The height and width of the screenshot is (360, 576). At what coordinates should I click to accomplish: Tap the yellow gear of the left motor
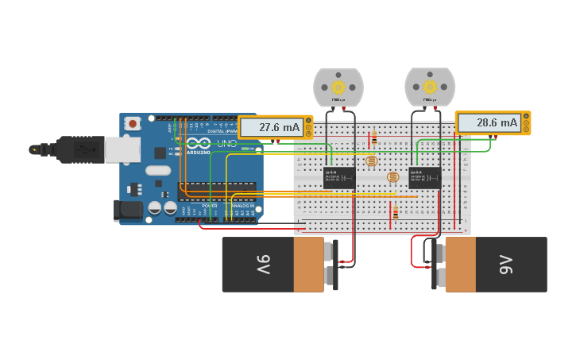pyautogui.click(x=338, y=87)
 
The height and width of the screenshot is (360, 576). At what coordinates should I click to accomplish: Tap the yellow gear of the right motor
pyautogui.click(x=430, y=87)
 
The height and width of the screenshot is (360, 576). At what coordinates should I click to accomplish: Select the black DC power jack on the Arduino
pyautogui.click(x=128, y=211)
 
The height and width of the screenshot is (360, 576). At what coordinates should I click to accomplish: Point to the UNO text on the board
pyautogui.click(x=226, y=144)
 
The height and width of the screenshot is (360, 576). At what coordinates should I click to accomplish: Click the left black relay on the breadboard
pyautogui.click(x=339, y=176)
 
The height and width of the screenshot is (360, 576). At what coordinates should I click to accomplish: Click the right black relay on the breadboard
pyautogui.click(x=424, y=176)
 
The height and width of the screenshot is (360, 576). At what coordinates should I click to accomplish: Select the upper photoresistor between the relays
pyautogui.click(x=372, y=161)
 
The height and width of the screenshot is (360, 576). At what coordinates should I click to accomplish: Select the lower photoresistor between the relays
pyautogui.click(x=392, y=176)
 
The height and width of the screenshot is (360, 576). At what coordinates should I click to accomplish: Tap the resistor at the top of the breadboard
pyautogui.click(x=373, y=140)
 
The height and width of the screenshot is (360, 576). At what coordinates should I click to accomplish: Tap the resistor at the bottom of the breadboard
pyautogui.click(x=395, y=213)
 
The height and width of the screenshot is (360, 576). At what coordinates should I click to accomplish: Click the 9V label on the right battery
pyautogui.click(x=506, y=265)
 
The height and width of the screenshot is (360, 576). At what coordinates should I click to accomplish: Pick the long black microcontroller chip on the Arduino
pyautogui.click(x=216, y=188)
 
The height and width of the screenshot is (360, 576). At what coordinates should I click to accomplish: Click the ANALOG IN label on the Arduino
pyautogui.click(x=242, y=205)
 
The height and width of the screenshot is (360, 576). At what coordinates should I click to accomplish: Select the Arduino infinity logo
pyautogui.click(x=199, y=143)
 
